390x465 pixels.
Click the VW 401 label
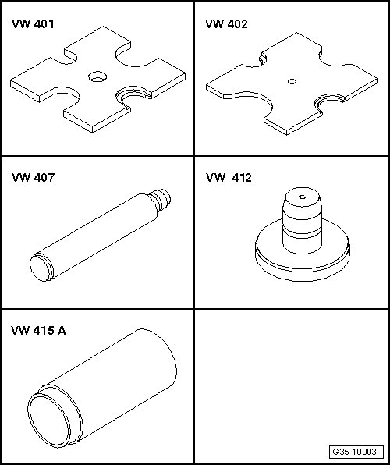(x=33, y=24)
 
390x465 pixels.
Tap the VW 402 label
(x=226, y=24)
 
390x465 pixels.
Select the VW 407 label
(x=34, y=178)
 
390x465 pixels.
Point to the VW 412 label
(x=229, y=178)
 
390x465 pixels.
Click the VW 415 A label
(x=38, y=330)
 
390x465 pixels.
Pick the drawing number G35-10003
(x=354, y=452)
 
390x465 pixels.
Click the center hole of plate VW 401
(x=97, y=76)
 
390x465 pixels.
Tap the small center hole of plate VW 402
(x=292, y=82)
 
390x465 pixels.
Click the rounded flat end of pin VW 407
(x=40, y=268)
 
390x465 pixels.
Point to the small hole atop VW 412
(x=303, y=197)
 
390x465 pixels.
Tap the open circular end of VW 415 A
(x=49, y=421)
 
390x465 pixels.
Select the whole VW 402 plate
(x=292, y=83)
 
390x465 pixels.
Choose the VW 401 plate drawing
(x=97, y=79)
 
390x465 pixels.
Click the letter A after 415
(x=62, y=330)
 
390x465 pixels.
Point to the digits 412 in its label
(x=242, y=178)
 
